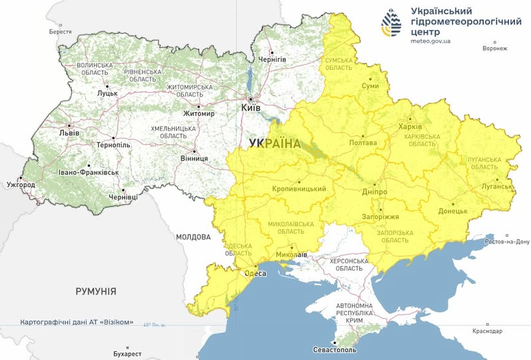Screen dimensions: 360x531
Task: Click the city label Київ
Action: click(251, 107)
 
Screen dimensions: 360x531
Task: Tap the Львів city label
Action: click(69, 133)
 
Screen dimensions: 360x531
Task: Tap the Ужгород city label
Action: click(19, 184)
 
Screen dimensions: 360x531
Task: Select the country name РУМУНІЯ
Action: click(96, 291)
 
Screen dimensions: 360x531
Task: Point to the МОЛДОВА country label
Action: click(193, 237)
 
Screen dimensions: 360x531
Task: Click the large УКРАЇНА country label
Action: click(274, 143)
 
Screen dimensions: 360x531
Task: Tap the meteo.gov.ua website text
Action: click(430, 41)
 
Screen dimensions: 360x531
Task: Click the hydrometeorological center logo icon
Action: click(392, 23)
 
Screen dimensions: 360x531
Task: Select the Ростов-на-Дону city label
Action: click(508, 241)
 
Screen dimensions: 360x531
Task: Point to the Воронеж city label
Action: click(494, 48)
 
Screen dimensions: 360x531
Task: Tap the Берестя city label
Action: click(60, 31)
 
